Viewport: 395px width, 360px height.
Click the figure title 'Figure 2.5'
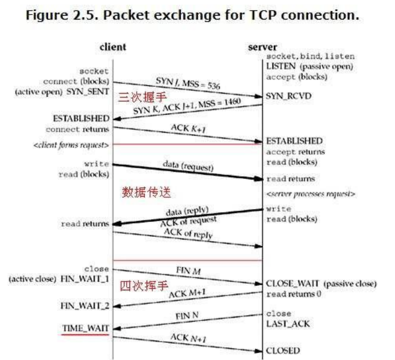click(55, 14)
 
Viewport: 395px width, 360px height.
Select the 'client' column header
click(113, 47)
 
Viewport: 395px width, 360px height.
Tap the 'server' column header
click(262, 47)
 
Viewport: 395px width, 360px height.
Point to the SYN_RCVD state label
click(288, 96)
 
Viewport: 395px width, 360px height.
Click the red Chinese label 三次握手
click(137, 96)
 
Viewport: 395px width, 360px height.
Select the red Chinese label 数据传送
click(146, 193)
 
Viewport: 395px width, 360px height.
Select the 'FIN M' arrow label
click(188, 271)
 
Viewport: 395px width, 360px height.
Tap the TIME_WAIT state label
click(85, 328)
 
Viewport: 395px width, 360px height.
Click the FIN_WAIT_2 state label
click(84, 306)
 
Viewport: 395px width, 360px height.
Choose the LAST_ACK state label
click(288, 324)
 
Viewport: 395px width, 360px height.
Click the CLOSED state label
click(283, 351)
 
